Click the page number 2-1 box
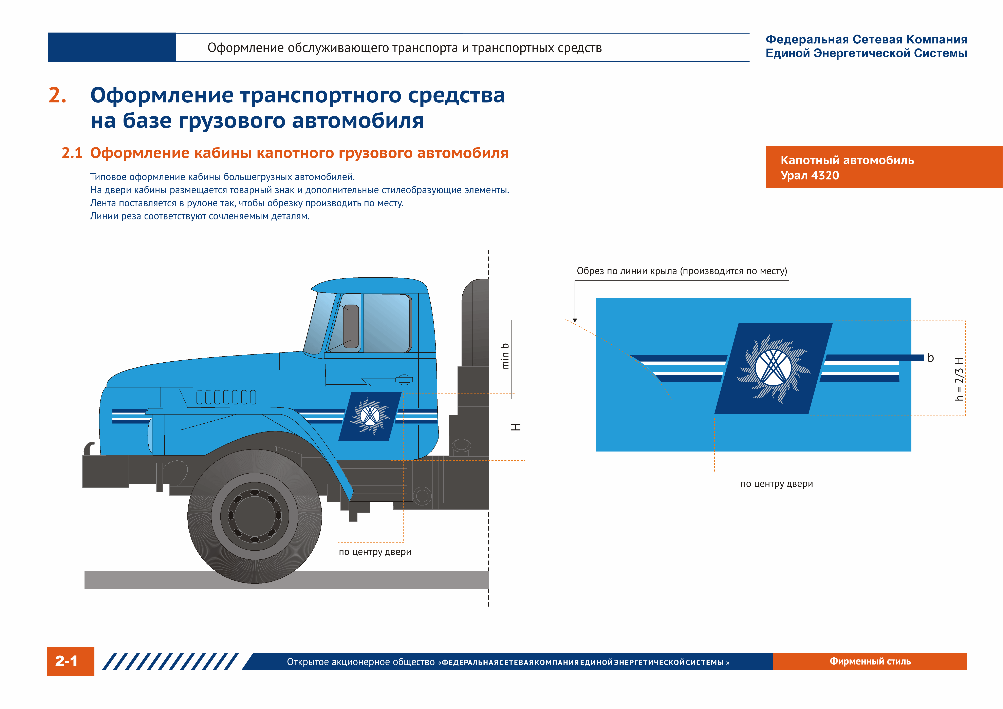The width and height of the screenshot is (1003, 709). [x=70, y=661]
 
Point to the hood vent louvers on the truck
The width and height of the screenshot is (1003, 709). [x=226, y=397]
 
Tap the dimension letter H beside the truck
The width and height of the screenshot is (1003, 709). [x=516, y=427]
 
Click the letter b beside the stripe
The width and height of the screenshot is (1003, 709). [x=930, y=358]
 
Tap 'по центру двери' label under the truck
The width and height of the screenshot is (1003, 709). [x=375, y=552]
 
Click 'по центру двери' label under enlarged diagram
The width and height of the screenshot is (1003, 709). [x=776, y=484]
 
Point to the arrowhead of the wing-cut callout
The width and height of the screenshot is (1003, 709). [x=575, y=320]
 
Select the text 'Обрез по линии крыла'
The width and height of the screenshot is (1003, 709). [x=628, y=271]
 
